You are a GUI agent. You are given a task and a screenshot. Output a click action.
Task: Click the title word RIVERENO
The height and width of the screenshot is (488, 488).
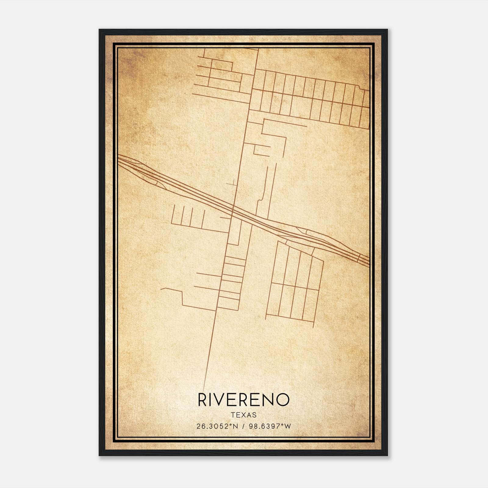point(243,400)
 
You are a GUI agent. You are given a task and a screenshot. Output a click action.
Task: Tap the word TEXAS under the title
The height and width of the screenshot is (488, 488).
point(244,415)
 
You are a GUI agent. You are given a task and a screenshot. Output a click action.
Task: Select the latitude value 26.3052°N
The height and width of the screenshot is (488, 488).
point(217,426)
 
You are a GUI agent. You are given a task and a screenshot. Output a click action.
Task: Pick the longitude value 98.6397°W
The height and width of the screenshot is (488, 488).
point(270,426)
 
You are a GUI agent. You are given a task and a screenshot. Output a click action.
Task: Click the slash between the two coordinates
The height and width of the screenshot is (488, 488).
point(243,426)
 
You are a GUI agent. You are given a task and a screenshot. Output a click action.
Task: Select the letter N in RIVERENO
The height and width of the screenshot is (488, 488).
point(267,400)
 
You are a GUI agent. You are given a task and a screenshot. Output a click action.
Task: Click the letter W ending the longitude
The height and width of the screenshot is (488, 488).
point(288,426)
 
